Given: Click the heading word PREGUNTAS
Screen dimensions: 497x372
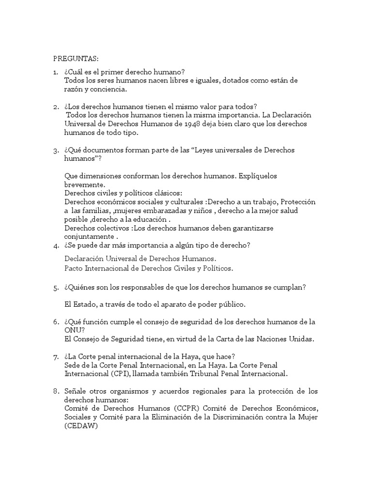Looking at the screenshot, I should pyautogui.click(x=76, y=59).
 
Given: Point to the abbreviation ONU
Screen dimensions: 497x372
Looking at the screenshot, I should pyautogui.click(x=72, y=331).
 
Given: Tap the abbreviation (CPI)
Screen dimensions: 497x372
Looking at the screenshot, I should pyautogui.click(x=126, y=374).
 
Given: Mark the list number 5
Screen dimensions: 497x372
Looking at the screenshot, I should pyautogui.click(x=56, y=287).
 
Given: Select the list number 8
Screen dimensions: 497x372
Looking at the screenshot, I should pyautogui.click(x=56, y=391).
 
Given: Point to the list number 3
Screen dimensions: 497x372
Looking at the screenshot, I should pyautogui.click(x=56, y=150).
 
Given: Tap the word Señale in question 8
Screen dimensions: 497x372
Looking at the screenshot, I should pyautogui.click(x=76, y=391).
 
